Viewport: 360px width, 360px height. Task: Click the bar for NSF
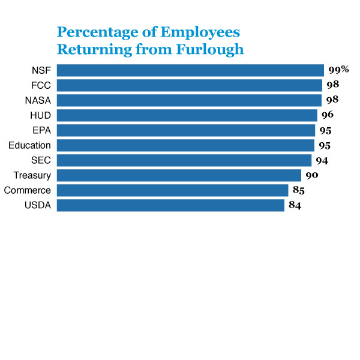click(x=190, y=70)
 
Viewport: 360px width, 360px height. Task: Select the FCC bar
click(x=190, y=85)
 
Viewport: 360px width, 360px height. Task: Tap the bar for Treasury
click(x=179, y=175)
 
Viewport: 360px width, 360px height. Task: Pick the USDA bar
click(x=170, y=205)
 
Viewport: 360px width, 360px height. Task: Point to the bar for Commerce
click(x=173, y=190)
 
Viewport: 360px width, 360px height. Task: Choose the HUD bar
click(x=187, y=115)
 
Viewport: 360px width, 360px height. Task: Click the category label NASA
click(x=38, y=100)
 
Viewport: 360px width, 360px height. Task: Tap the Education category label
click(x=29, y=145)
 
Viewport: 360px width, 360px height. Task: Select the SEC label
click(x=41, y=160)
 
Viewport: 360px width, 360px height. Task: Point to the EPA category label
click(x=41, y=130)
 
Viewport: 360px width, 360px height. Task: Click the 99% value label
click(x=338, y=70)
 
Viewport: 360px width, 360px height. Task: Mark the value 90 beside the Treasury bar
click(x=311, y=175)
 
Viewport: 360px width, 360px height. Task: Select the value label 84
click(x=295, y=205)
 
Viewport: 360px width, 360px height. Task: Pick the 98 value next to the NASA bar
click(x=332, y=100)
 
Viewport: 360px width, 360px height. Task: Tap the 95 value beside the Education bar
click(x=324, y=145)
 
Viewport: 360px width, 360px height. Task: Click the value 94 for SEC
click(x=322, y=160)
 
